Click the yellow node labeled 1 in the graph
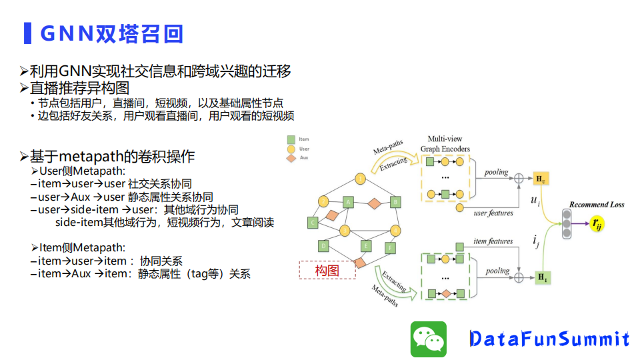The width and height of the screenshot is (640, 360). [x=361, y=179]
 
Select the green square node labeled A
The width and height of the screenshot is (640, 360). [x=347, y=202]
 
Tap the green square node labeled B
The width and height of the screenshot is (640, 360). [x=395, y=201]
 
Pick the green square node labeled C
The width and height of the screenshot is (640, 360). [x=312, y=223]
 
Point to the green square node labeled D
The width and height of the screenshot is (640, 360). [x=324, y=246]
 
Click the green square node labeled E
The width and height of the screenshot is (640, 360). [x=365, y=246]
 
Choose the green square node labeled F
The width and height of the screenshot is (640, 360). [x=391, y=248]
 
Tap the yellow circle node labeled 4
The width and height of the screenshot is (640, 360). [x=395, y=231]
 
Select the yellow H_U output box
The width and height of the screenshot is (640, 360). [x=541, y=179]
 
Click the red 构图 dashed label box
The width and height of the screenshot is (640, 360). [x=327, y=270]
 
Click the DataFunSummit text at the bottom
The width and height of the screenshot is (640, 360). [x=549, y=339]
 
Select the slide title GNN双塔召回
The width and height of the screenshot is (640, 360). [x=111, y=33]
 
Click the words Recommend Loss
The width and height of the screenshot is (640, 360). [x=597, y=205]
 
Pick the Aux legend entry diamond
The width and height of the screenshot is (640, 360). [x=291, y=158]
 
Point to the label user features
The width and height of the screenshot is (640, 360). [x=493, y=213]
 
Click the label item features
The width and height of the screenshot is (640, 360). [x=493, y=241]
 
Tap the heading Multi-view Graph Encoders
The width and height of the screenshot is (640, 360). [x=445, y=144]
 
